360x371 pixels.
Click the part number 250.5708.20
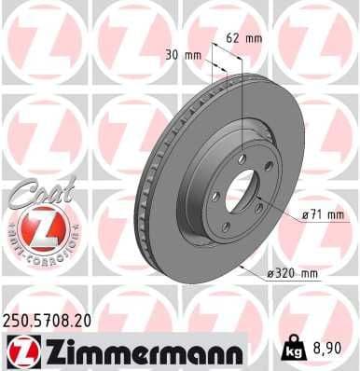pos(52,321)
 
